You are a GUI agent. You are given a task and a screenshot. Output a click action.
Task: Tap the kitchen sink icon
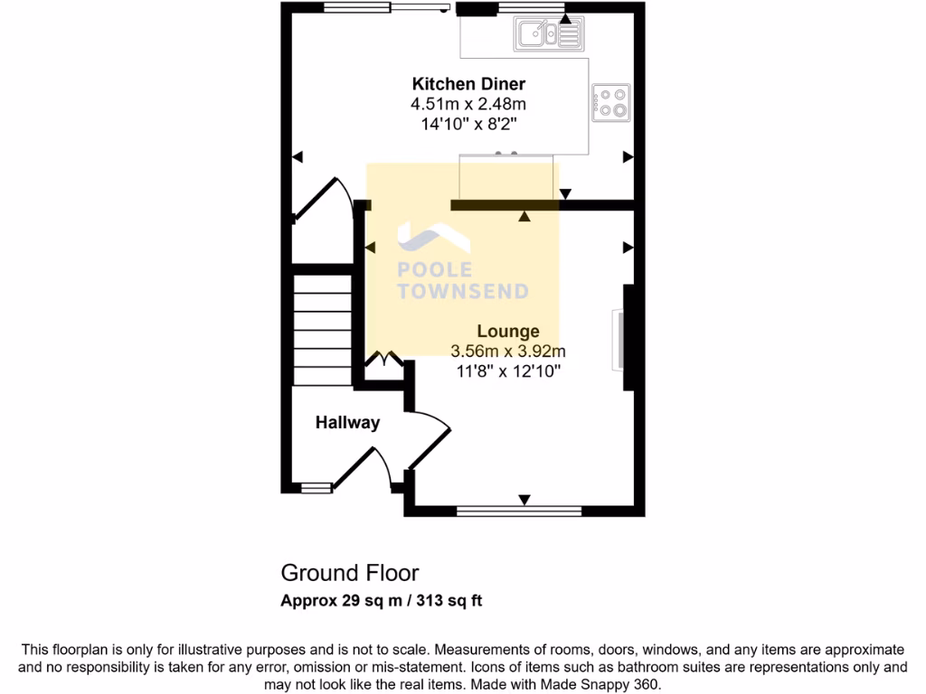point(548,34)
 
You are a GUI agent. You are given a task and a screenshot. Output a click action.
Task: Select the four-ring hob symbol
point(611,102)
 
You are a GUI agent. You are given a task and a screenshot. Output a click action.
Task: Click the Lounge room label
point(509,332)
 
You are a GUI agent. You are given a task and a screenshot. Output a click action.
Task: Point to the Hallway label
point(347,422)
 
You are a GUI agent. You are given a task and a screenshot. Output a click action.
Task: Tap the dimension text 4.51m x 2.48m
point(468,104)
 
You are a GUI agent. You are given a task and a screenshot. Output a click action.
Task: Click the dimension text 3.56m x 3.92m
point(508,351)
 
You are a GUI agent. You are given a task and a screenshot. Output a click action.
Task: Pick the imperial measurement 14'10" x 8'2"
point(468,124)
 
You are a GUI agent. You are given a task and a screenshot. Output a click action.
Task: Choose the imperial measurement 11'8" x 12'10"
point(509,370)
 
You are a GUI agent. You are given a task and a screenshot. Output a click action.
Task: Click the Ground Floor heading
point(349,572)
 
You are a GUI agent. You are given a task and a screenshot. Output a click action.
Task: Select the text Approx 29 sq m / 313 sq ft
point(381,600)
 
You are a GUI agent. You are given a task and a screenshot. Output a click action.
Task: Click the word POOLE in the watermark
point(436,270)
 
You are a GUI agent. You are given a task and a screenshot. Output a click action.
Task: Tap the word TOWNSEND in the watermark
point(464,291)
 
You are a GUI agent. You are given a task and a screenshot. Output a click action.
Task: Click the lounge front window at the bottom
point(519,511)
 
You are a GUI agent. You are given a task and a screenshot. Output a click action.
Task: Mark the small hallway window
point(316,488)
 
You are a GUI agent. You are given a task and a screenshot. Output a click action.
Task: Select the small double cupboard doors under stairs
point(384,361)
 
